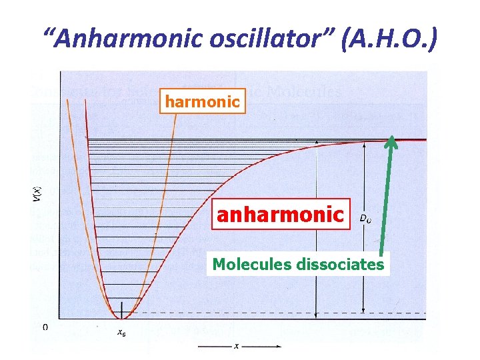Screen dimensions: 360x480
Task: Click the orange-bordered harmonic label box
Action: pos(201,102)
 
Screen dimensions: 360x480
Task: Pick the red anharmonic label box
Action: pos(281,215)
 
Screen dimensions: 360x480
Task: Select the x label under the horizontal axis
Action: pos(237,346)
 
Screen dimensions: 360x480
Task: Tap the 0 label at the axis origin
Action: pos(45,327)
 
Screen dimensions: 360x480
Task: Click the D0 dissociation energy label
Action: pos(365,217)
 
